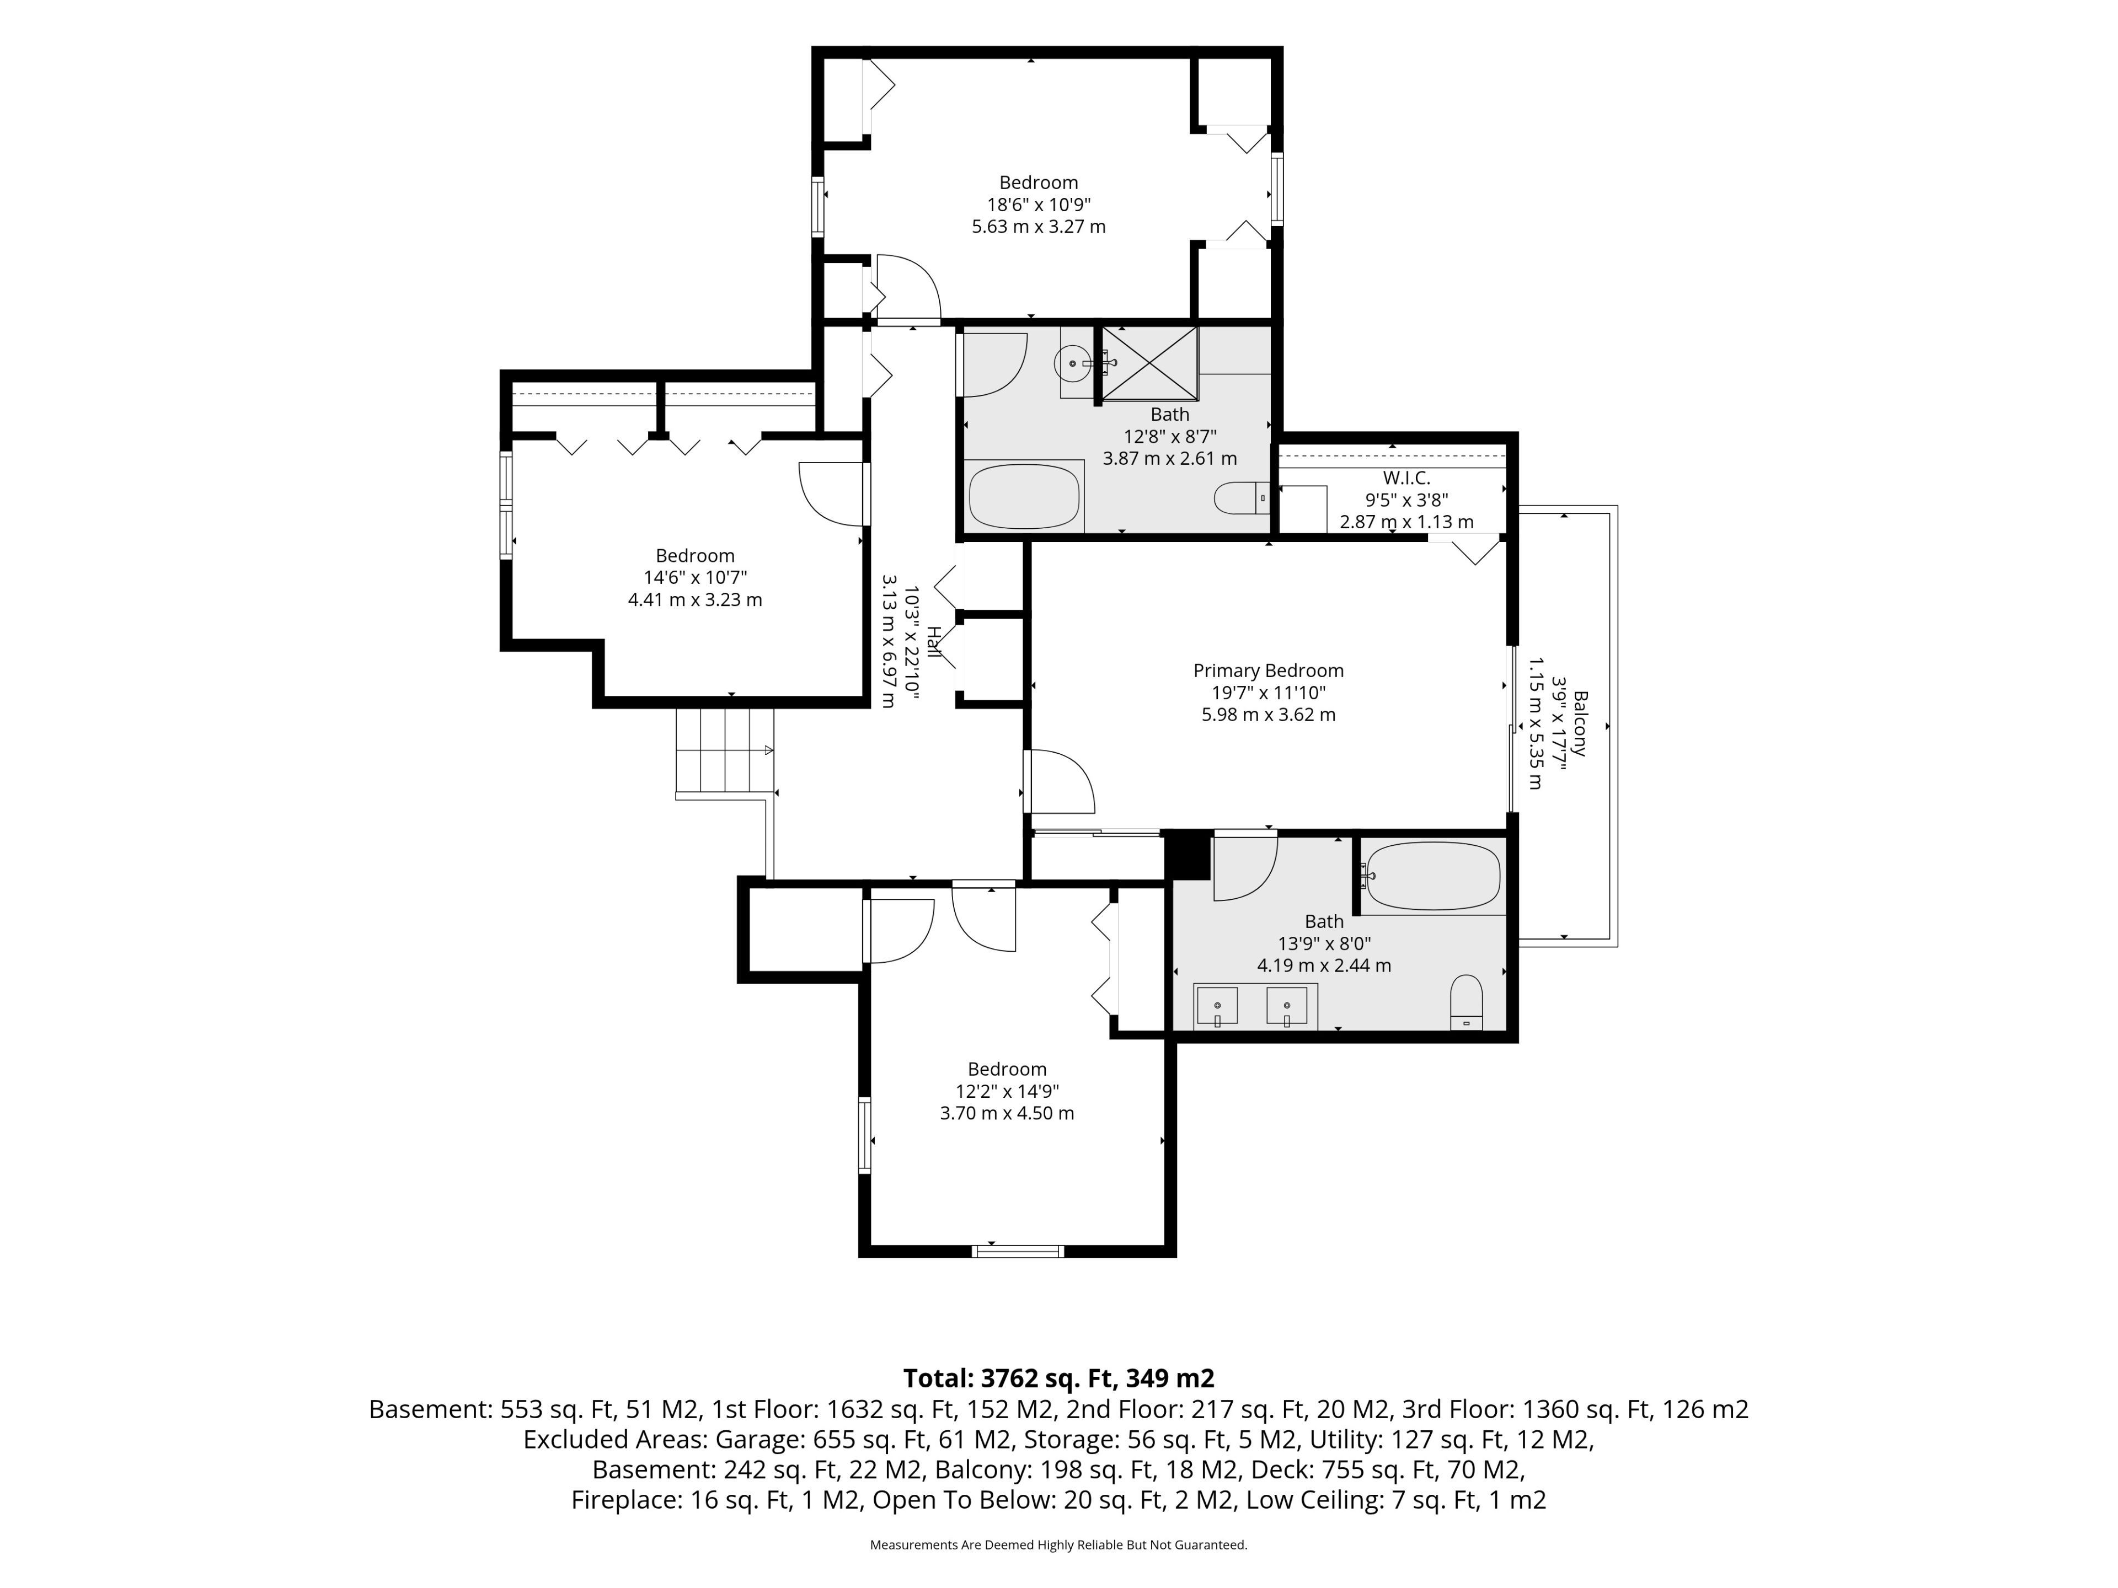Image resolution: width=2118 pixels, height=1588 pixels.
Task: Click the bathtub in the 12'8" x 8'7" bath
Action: click(1024, 496)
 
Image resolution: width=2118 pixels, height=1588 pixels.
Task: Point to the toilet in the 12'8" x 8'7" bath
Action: click(1242, 498)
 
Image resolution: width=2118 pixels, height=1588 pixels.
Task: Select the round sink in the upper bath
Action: click(1072, 363)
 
